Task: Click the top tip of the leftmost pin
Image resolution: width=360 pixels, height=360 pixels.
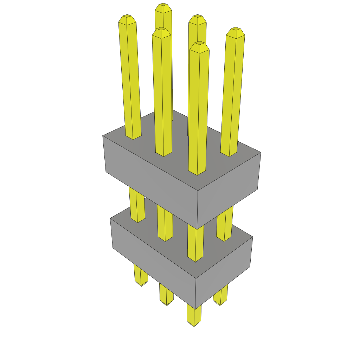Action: click(x=127, y=17)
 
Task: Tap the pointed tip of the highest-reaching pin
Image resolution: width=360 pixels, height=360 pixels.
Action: click(x=163, y=5)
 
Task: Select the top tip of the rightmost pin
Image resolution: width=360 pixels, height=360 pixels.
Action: click(x=235, y=29)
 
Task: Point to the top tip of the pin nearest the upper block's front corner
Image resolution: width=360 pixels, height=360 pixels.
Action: click(x=199, y=43)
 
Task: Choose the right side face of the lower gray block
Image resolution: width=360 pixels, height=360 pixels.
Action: click(x=223, y=272)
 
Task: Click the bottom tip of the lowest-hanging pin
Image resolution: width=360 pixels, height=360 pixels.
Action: click(x=194, y=325)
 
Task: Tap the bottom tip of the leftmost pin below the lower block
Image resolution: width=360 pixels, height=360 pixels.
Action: click(x=141, y=284)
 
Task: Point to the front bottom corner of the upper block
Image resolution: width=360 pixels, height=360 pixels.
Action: click(x=197, y=229)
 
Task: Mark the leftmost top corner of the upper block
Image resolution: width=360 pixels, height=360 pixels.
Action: click(x=103, y=136)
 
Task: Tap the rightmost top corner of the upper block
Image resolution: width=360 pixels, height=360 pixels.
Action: click(x=261, y=152)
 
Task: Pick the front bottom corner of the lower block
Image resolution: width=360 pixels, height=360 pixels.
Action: click(x=195, y=309)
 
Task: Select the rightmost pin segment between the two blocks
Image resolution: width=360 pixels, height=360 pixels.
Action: click(x=225, y=225)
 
